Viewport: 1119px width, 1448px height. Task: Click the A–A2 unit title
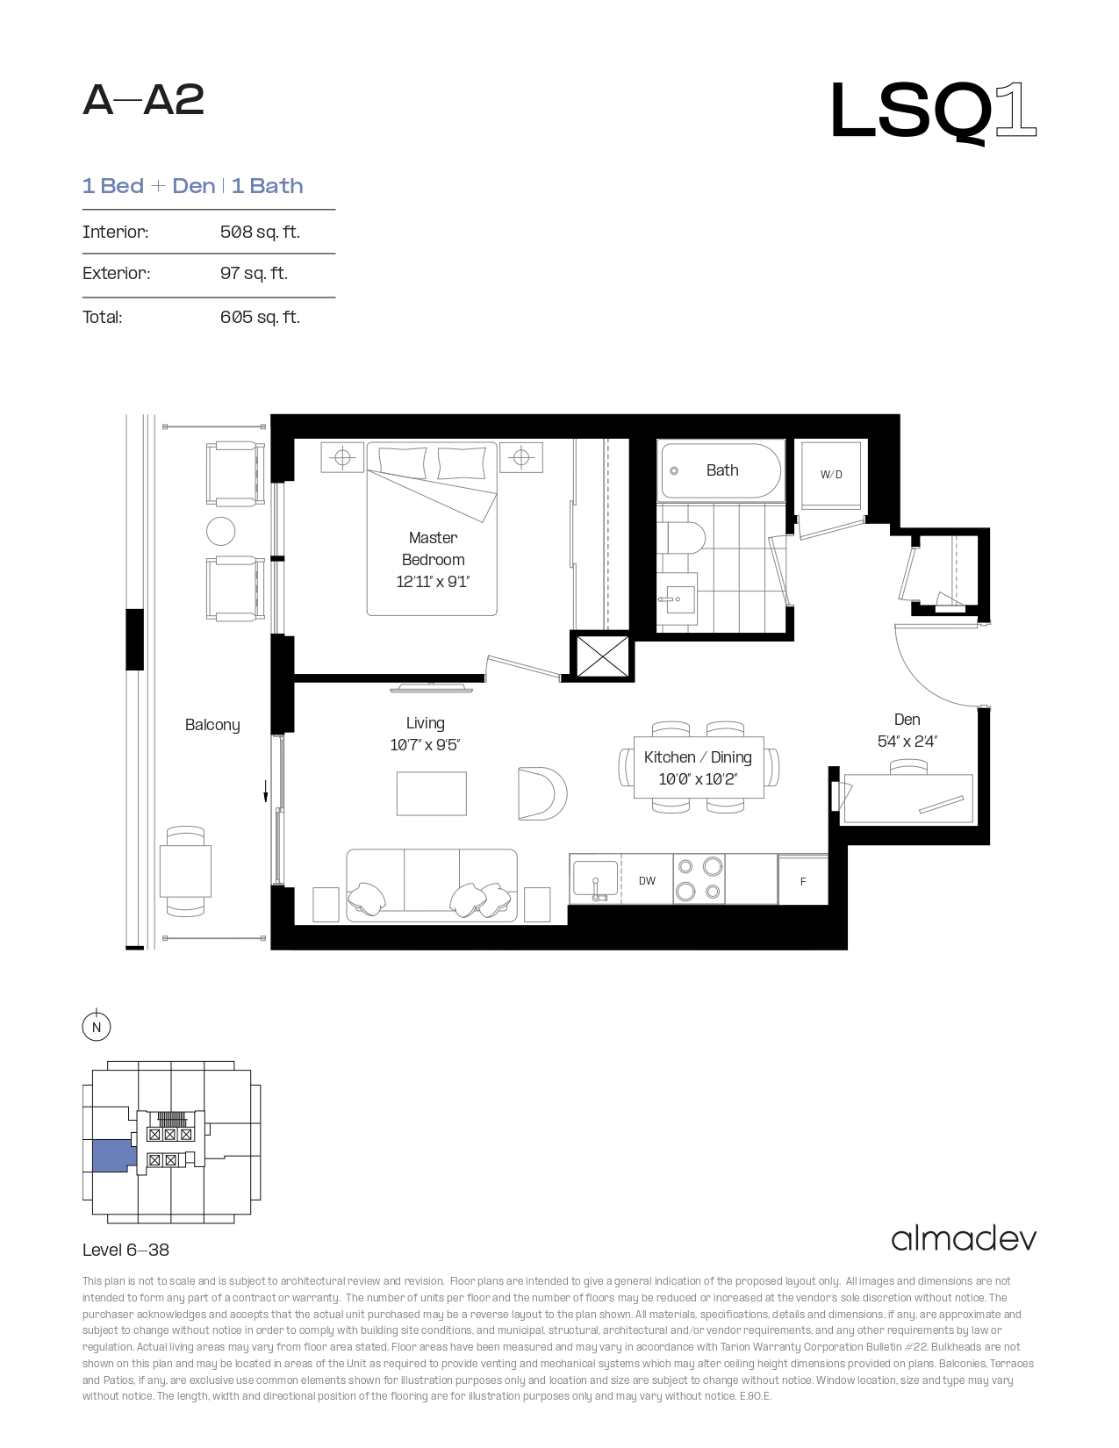[143, 101]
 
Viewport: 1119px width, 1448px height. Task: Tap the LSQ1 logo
[934, 112]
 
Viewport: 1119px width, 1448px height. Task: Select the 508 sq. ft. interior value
[260, 232]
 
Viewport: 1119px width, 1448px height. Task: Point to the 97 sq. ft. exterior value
[254, 273]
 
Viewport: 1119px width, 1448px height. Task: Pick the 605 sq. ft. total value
[260, 317]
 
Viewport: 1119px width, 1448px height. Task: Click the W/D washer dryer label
[831, 475]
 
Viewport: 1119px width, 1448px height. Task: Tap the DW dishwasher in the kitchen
[647, 880]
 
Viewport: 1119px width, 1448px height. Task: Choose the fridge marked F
[802, 881]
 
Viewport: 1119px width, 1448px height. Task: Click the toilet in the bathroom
[680, 537]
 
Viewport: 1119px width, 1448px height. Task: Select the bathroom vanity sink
[677, 599]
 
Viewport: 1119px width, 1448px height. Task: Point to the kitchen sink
[595, 879]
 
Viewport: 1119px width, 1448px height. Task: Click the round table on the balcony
[220, 531]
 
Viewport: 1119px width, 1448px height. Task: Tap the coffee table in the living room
[431, 793]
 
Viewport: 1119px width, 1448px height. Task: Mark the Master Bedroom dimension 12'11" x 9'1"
[433, 582]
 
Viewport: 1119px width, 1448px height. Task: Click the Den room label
[907, 720]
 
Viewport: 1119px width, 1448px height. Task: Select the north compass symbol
[97, 1027]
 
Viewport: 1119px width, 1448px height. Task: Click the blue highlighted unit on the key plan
[113, 1156]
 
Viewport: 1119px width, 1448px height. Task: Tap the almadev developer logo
[964, 1239]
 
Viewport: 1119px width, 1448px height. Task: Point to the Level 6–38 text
[126, 1250]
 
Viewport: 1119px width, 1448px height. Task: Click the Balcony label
[212, 725]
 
